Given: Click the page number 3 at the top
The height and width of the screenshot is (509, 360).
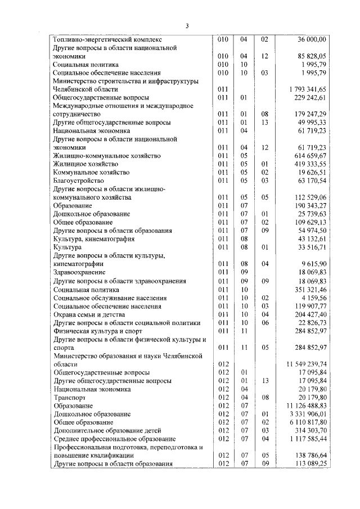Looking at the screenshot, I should click(187, 25).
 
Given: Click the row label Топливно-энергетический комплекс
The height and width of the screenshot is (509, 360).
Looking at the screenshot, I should click(107, 40).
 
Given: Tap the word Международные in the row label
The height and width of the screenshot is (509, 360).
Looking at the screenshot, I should click(78, 106).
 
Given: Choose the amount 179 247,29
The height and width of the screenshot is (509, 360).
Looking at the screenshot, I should click(309, 114).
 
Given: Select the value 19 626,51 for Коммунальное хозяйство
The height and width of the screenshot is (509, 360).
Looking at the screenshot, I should click(312, 172).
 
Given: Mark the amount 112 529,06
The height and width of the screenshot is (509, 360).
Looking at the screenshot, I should click(309, 197).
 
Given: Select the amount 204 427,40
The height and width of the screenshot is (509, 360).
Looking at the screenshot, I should click(309, 314).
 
